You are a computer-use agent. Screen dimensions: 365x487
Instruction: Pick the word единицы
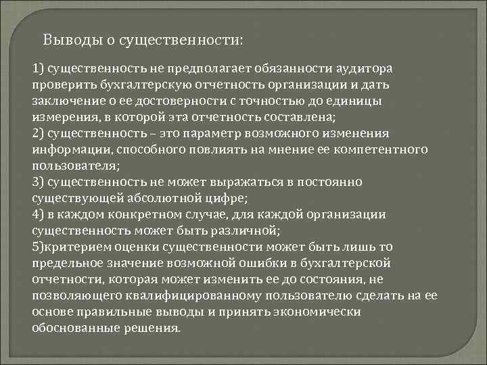354,101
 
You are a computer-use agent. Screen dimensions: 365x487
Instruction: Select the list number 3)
38,181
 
